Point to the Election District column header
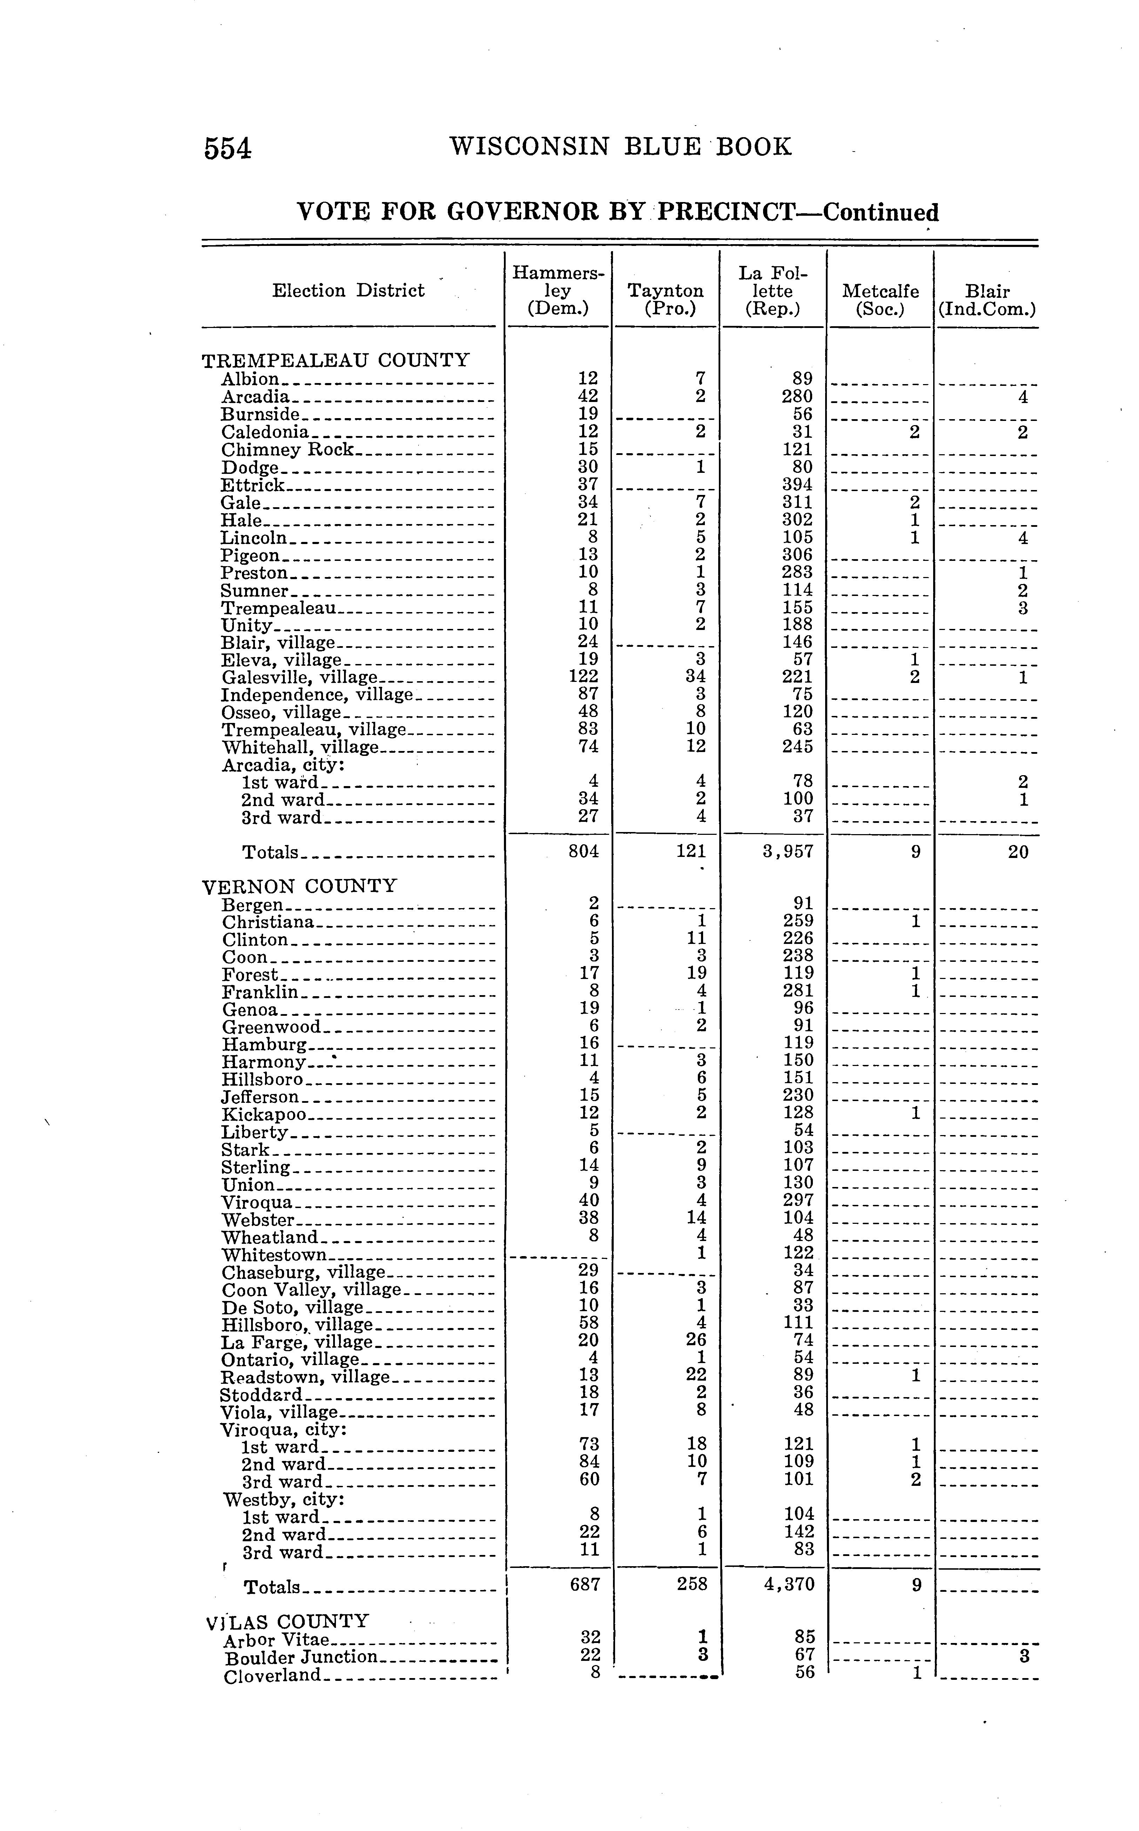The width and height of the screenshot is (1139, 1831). [348, 291]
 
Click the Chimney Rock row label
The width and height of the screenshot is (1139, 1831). [287, 450]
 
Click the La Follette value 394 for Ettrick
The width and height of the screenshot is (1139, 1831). [798, 484]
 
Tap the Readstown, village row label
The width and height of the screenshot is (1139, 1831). [305, 1377]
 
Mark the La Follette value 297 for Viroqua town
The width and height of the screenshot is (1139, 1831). [798, 1200]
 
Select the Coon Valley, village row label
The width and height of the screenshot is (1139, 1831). [311, 1289]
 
